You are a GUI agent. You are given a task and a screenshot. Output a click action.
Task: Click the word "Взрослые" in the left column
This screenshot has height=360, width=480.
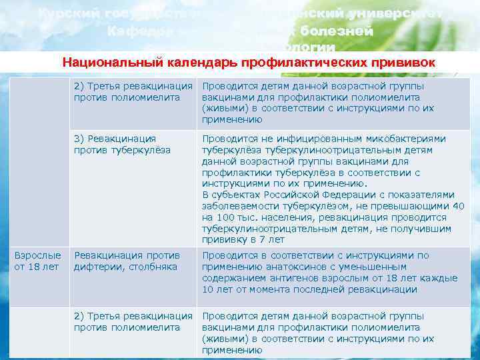pos(37,255)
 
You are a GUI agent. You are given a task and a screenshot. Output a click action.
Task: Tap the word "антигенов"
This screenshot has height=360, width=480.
pos(288,278)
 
